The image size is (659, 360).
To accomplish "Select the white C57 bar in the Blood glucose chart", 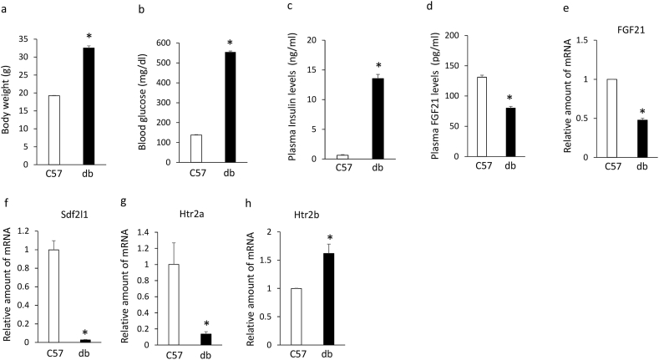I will tap(196, 146).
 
